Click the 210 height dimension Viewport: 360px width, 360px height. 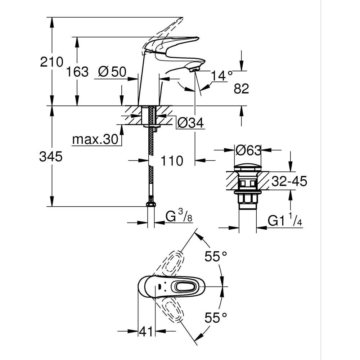click(51, 63)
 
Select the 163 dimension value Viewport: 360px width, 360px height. click(77, 72)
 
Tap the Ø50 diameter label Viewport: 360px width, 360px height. click(112, 72)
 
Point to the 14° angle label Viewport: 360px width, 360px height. click(222, 76)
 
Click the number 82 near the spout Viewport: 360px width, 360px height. click(241, 89)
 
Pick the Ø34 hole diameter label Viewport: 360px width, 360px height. click(191, 123)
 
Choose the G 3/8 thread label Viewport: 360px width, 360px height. click(179, 217)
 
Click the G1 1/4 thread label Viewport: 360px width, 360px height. click(285, 220)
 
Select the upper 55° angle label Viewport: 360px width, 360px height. click(216, 256)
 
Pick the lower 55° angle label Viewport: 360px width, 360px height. click(216, 318)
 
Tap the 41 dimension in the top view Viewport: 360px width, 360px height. click(146, 331)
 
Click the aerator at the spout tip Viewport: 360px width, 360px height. click(194, 68)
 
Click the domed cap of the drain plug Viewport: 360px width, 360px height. click(248, 168)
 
